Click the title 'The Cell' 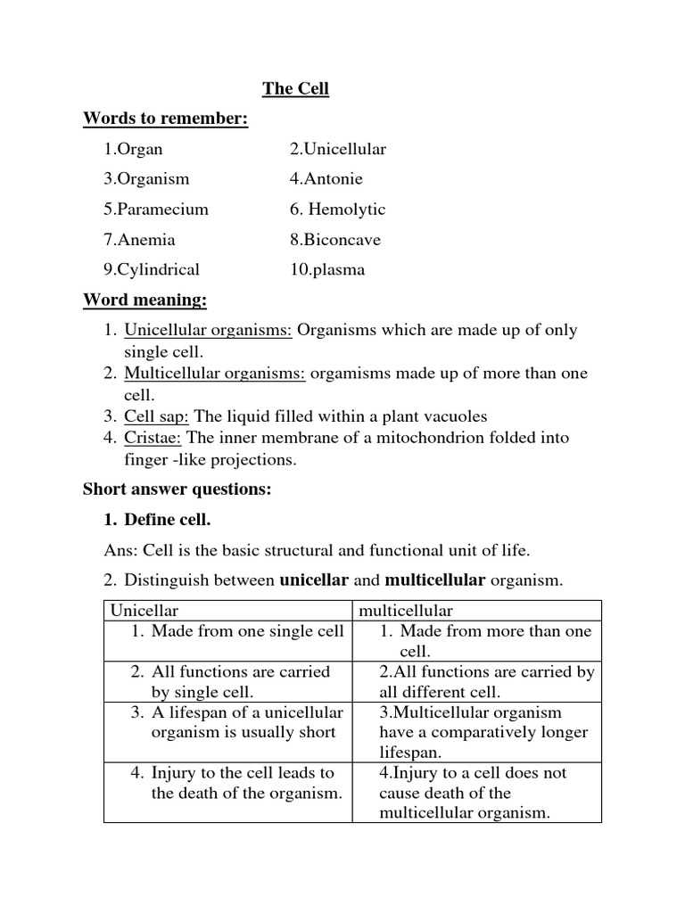(295, 88)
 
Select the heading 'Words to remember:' (165, 119)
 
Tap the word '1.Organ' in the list (133, 149)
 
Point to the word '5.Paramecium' (155, 210)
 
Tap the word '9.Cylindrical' (151, 269)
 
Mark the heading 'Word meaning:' (144, 300)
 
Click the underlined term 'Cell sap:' (156, 416)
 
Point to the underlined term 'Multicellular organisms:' (215, 374)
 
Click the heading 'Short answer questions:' (177, 489)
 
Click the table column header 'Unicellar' (144, 611)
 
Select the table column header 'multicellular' (406, 611)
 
